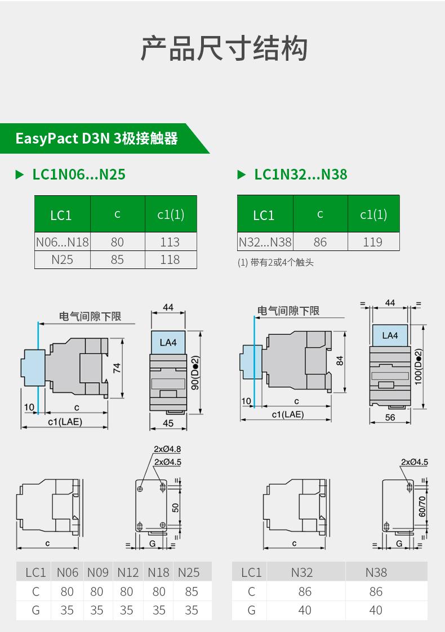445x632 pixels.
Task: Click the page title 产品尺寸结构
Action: [224, 48]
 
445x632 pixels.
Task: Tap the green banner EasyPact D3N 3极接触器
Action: [96, 138]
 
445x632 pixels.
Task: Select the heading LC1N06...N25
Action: [79, 174]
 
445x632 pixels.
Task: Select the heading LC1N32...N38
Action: [300, 174]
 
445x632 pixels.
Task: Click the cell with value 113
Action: [170, 242]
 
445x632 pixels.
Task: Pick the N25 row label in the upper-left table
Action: [62, 259]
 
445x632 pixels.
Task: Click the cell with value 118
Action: [170, 259]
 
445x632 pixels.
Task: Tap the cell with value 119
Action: [373, 242]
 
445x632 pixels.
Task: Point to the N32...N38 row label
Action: [265, 242]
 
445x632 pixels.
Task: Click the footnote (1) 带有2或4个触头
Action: [275, 262]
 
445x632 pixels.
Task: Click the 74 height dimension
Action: [117, 368]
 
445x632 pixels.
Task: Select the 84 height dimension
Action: [340, 361]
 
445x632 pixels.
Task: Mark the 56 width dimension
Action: [390, 417]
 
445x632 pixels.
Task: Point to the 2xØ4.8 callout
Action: [167, 449]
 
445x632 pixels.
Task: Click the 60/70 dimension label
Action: [422, 507]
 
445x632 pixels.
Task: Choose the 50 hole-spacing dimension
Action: [175, 507]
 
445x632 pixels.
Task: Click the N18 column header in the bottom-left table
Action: [158, 572]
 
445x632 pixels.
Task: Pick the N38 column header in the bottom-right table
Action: [376, 572]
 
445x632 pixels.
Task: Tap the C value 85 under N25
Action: [192, 591]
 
